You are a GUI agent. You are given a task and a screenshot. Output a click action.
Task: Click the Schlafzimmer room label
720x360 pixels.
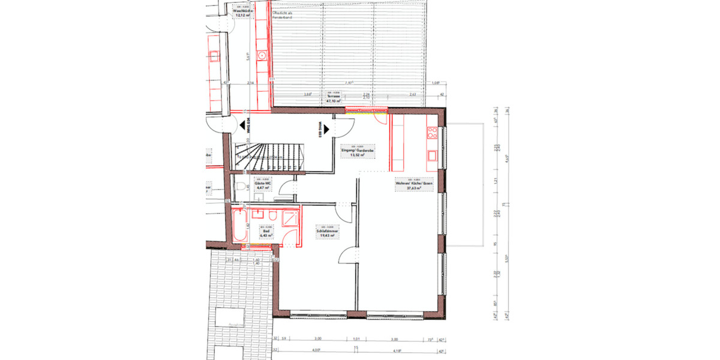(x=328, y=233)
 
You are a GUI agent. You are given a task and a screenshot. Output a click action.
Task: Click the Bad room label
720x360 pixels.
(x=265, y=232)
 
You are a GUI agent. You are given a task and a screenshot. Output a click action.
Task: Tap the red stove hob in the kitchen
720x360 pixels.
(x=433, y=133)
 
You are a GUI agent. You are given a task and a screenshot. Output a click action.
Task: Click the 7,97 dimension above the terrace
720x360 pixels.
(x=348, y=83)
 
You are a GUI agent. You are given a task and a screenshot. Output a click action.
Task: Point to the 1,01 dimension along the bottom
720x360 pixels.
(x=356, y=338)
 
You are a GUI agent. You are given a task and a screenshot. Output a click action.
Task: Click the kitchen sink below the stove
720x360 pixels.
(x=433, y=156)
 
